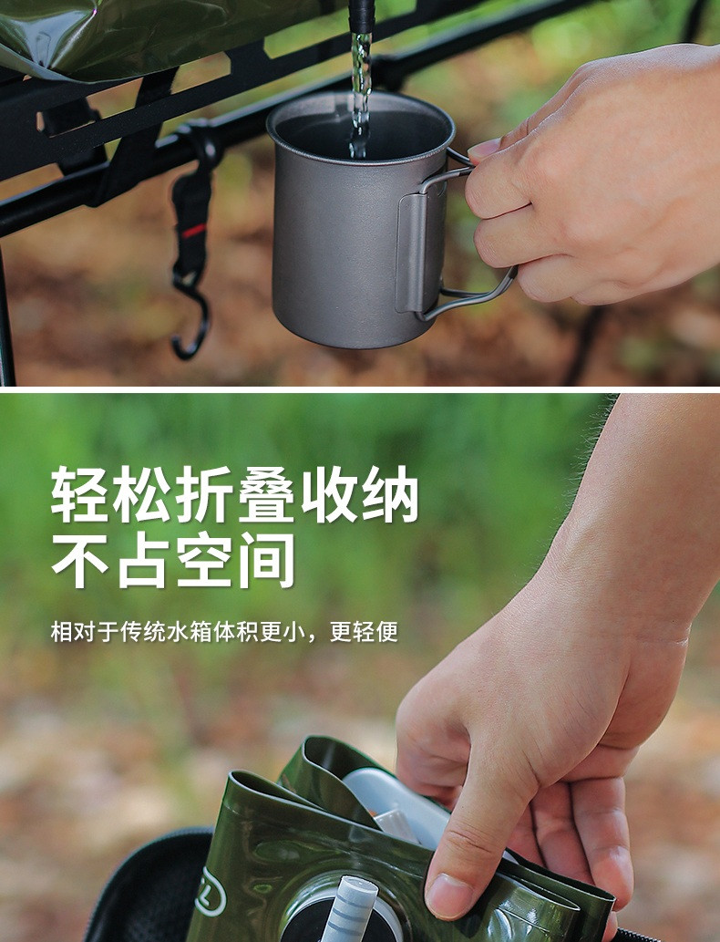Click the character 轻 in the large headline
click(80, 494)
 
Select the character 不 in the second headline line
click(80, 560)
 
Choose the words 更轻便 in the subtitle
click(364, 631)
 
